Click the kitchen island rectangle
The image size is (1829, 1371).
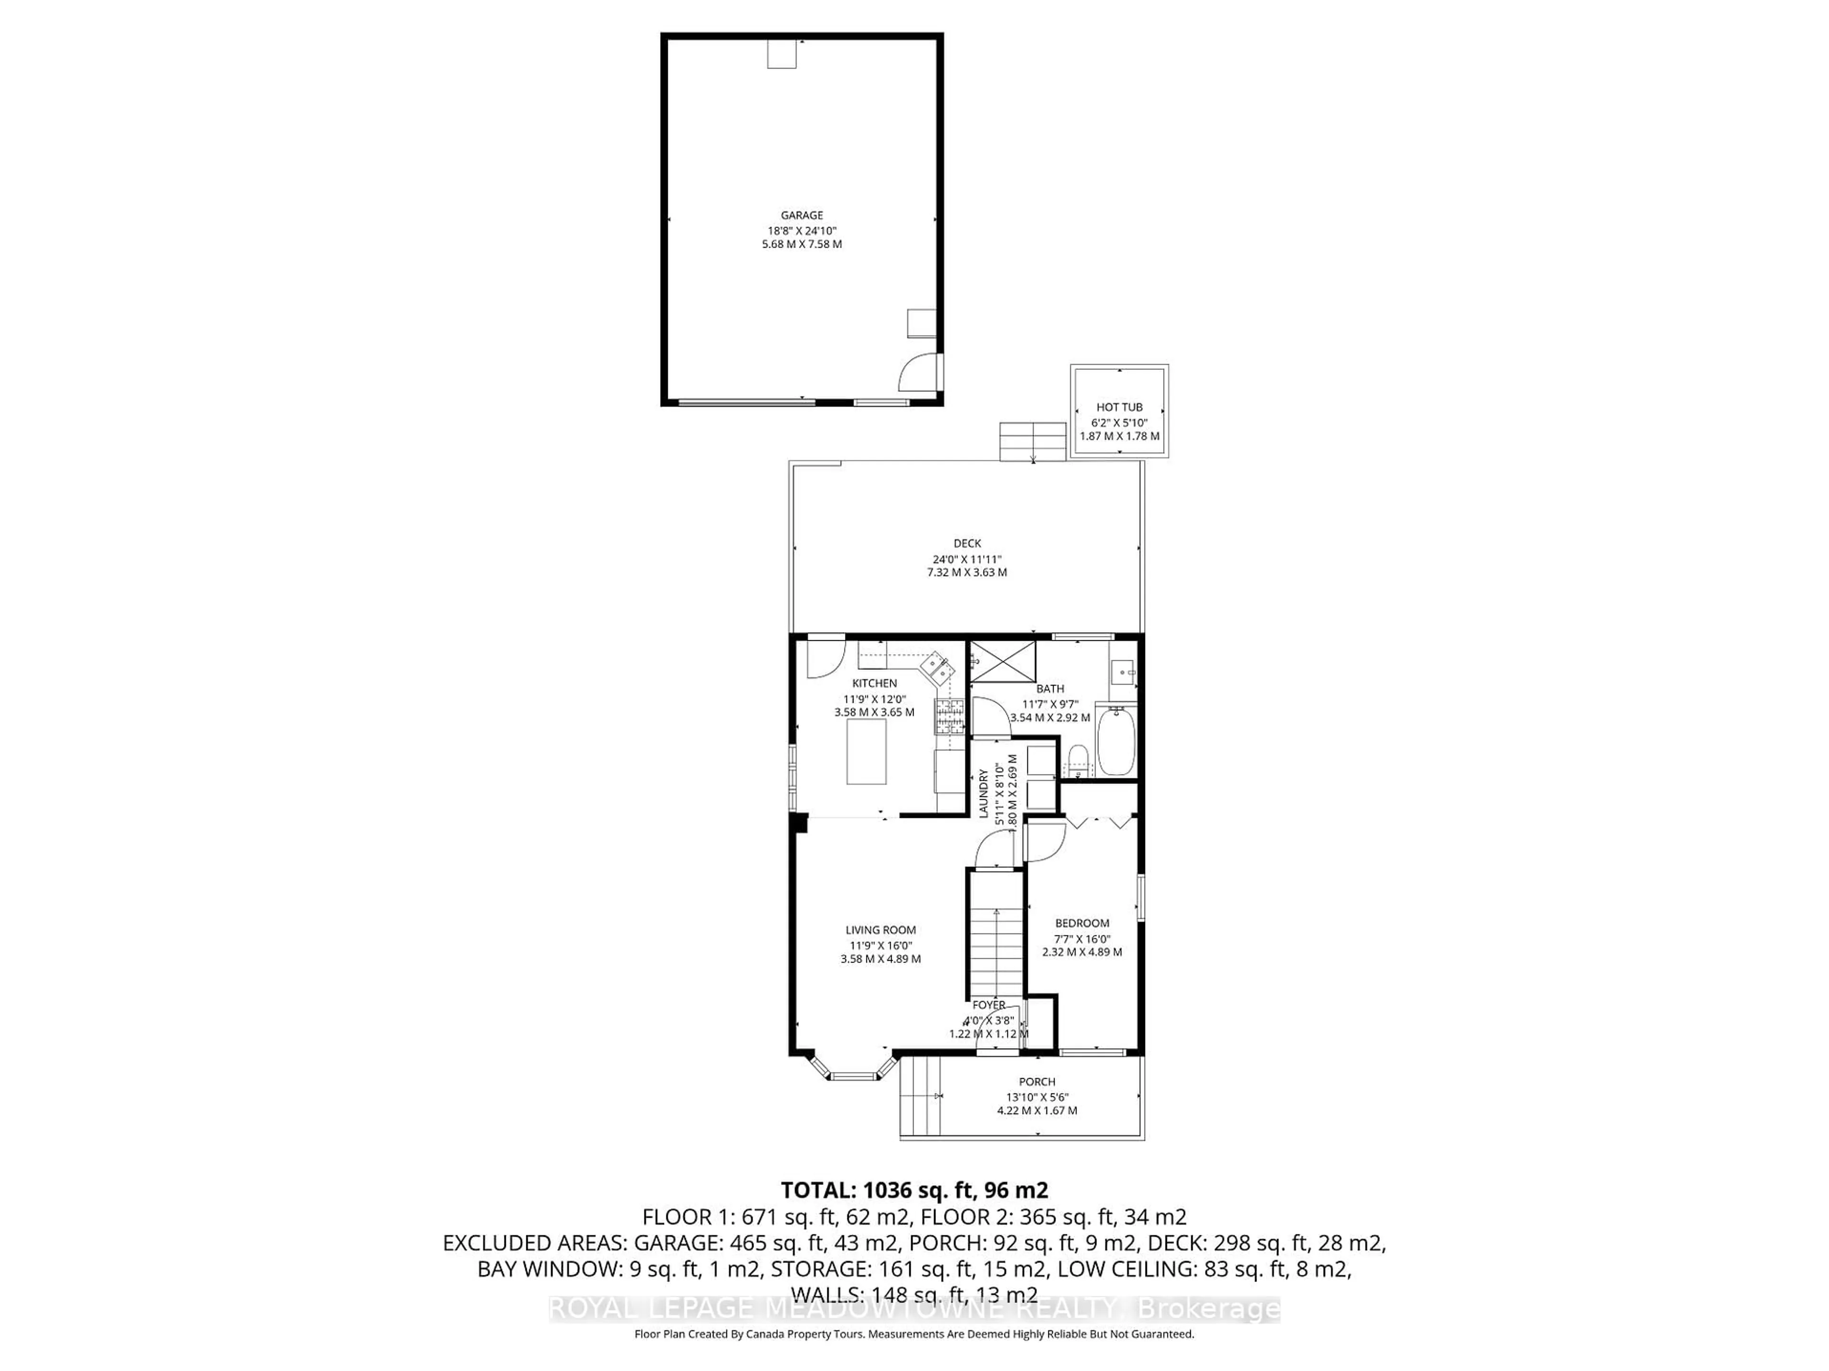866,751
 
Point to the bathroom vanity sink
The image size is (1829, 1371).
1122,670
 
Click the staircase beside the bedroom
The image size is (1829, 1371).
996,938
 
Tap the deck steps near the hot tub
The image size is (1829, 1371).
1032,441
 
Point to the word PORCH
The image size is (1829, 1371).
1037,1082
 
